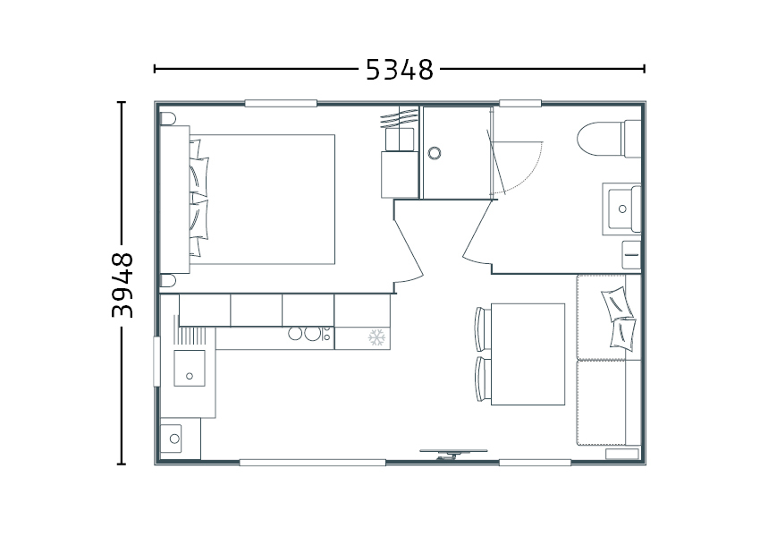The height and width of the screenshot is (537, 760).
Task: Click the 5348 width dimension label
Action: (x=399, y=70)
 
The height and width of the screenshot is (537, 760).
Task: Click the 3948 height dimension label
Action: (x=122, y=285)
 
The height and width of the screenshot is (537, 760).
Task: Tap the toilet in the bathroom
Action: (x=609, y=139)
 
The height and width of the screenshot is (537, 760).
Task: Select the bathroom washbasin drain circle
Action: (x=622, y=209)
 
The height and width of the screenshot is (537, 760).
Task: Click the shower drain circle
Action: (x=435, y=153)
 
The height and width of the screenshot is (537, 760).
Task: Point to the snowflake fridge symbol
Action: (x=376, y=337)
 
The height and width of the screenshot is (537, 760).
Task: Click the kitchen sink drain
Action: (x=190, y=376)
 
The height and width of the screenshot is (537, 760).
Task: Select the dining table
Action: (x=528, y=354)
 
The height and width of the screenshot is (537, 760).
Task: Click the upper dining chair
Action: (x=481, y=328)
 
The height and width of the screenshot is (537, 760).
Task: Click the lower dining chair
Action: (x=481, y=379)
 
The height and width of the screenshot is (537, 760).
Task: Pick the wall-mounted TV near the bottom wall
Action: (x=453, y=454)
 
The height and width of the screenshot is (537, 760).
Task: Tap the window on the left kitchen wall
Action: (x=156, y=362)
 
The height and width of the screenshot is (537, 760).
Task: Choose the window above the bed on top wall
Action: (x=281, y=103)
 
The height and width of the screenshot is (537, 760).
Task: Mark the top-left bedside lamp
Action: (x=168, y=118)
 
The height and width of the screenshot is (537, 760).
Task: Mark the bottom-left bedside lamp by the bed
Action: (x=168, y=280)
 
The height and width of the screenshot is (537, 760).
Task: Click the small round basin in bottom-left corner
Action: (x=174, y=439)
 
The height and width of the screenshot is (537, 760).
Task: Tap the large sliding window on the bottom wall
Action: (x=313, y=463)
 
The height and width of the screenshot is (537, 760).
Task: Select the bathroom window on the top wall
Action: (x=520, y=103)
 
